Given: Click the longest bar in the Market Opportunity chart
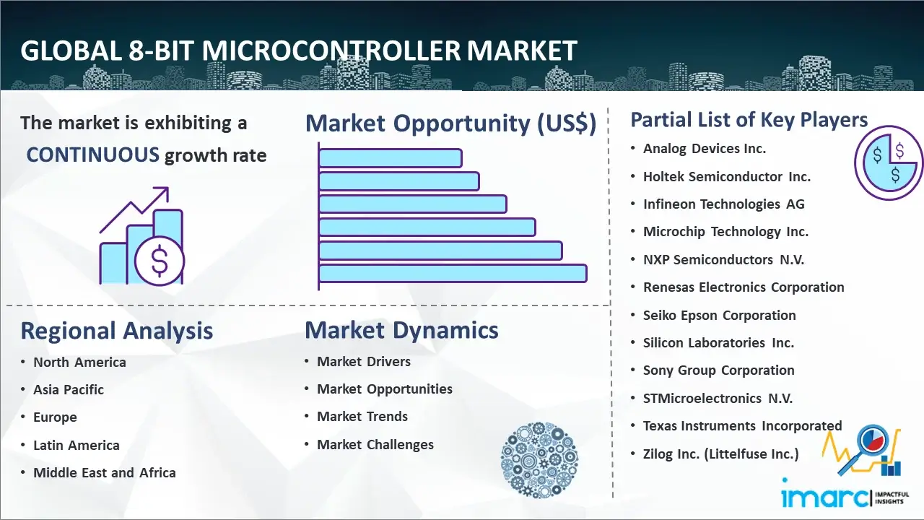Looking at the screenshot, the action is coord(453,274).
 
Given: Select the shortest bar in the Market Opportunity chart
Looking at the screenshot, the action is coord(390,158).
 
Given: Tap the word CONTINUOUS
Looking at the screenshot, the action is coord(92,155).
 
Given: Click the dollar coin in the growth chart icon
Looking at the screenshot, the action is coord(160,261).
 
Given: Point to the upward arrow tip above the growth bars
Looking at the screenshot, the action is coord(167,188).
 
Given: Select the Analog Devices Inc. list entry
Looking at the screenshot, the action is coord(704,149).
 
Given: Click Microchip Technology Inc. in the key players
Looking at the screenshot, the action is coord(725,232).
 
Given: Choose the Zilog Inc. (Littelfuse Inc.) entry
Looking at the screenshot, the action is coord(720,454).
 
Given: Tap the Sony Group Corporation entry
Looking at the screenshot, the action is coord(718,370).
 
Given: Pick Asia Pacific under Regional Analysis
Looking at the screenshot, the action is coord(69,389).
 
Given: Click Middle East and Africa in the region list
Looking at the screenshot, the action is coord(105,472).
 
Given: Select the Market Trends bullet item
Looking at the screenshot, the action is coord(362,417).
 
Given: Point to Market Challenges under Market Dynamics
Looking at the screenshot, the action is coord(375,445).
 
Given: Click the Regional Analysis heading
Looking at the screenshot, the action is coord(117,331).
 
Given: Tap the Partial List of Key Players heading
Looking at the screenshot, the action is coord(749,120).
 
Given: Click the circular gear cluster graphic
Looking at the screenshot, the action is coord(539,460).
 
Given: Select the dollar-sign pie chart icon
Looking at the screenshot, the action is coord(889,163).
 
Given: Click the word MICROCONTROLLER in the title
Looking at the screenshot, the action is coord(331,51).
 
